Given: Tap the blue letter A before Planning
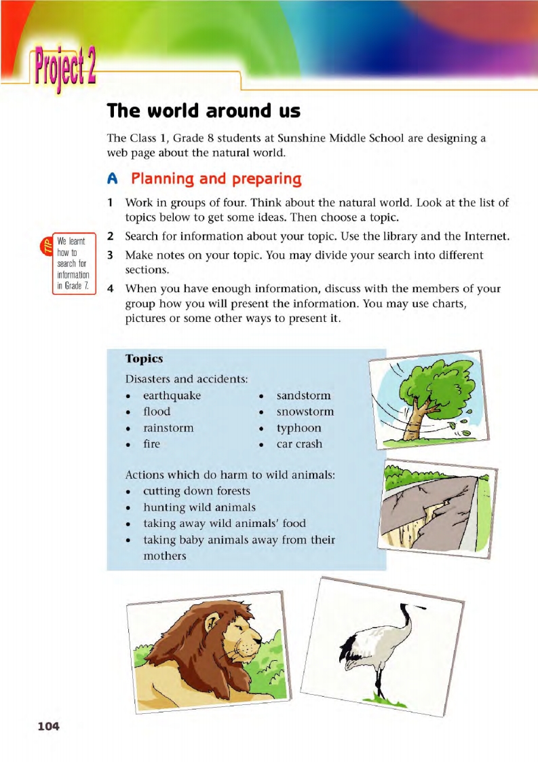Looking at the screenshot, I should tap(113, 179).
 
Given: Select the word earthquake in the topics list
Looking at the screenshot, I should tap(172, 395).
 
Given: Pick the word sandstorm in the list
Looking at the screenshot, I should tap(303, 395).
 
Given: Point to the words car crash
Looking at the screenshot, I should tap(299, 444).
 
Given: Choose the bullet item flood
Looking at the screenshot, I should tap(157, 412).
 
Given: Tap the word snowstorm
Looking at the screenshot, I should tap(305, 412).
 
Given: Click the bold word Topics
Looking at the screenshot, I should tap(145, 358).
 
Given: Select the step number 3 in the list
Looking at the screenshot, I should tap(110, 255).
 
